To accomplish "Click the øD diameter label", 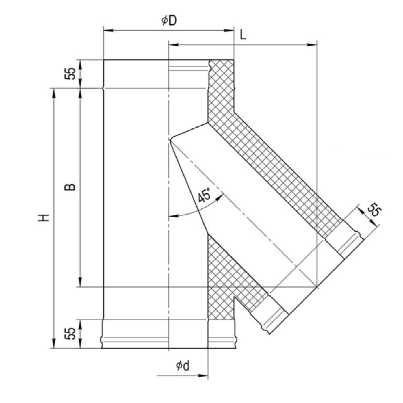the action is coord(169,20).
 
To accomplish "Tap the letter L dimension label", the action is coord(243,35).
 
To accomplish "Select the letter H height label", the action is coord(44,217).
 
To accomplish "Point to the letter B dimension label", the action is coord(70,187).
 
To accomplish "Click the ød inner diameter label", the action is coord(183,365).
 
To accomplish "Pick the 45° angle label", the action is coord(204,195).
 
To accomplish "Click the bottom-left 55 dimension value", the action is coord(70,334).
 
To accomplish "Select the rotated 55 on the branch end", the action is coord(374,210).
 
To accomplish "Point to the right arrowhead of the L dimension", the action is coord(312,45).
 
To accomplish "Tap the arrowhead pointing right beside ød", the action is coord(203,375).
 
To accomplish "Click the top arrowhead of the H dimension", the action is coord(54,93).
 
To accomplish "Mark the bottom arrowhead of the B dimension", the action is coord(81,282).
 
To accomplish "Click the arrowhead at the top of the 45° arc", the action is coord(219,198).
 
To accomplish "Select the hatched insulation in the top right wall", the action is coord(221,90).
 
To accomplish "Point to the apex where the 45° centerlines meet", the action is coord(169,140).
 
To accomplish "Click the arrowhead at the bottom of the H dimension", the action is coord(54,343).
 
